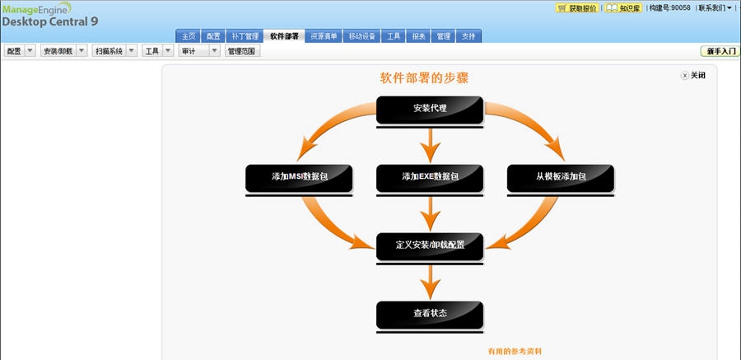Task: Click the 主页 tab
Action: [189, 36]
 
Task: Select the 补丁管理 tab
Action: [245, 36]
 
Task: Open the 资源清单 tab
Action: [324, 36]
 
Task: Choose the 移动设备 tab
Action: [363, 36]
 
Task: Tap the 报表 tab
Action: [419, 36]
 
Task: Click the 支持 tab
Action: [468, 36]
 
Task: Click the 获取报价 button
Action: [577, 8]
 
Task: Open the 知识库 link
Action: [624, 8]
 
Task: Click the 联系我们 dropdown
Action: [714, 8]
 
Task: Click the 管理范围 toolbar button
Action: [242, 51]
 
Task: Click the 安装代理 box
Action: [430, 109]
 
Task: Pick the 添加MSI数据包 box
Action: [299, 177]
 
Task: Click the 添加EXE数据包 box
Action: [430, 177]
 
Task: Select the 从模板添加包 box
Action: [561, 177]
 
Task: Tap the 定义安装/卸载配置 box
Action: [430, 245]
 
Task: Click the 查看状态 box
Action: [430, 314]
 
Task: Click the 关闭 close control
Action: [693, 75]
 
